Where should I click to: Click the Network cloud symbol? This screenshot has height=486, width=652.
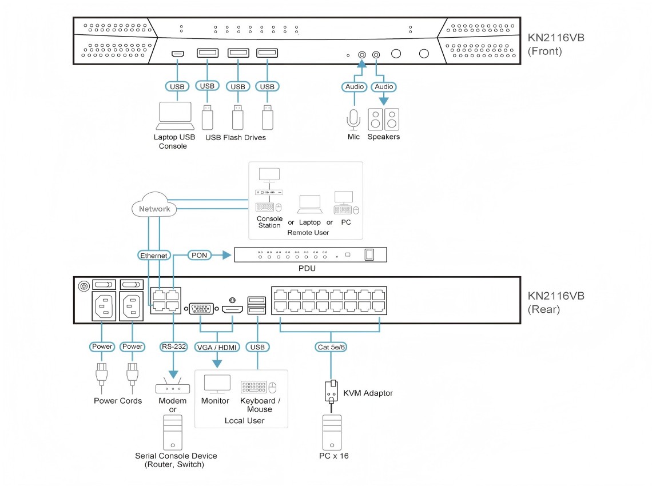pos(154,208)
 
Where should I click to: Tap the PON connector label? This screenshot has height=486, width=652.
pos(200,255)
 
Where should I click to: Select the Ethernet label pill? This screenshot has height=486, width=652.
pos(154,256)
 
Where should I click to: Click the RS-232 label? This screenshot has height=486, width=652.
pos(172,346)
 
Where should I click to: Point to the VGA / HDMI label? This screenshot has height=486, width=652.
pos(217,346)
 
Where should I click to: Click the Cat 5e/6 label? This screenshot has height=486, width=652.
pos(331,346)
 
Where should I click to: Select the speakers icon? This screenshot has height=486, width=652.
pos(383,119)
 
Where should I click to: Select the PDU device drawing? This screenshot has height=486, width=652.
pos(311,254)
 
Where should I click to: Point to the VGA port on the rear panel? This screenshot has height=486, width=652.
pos(201,309)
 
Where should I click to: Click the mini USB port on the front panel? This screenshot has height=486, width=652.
pos(177,54)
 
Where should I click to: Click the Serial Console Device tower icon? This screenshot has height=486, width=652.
pos(172,432)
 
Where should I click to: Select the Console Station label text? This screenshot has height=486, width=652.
pos(269,222)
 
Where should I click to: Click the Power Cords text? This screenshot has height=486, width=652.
pos(118,401)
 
